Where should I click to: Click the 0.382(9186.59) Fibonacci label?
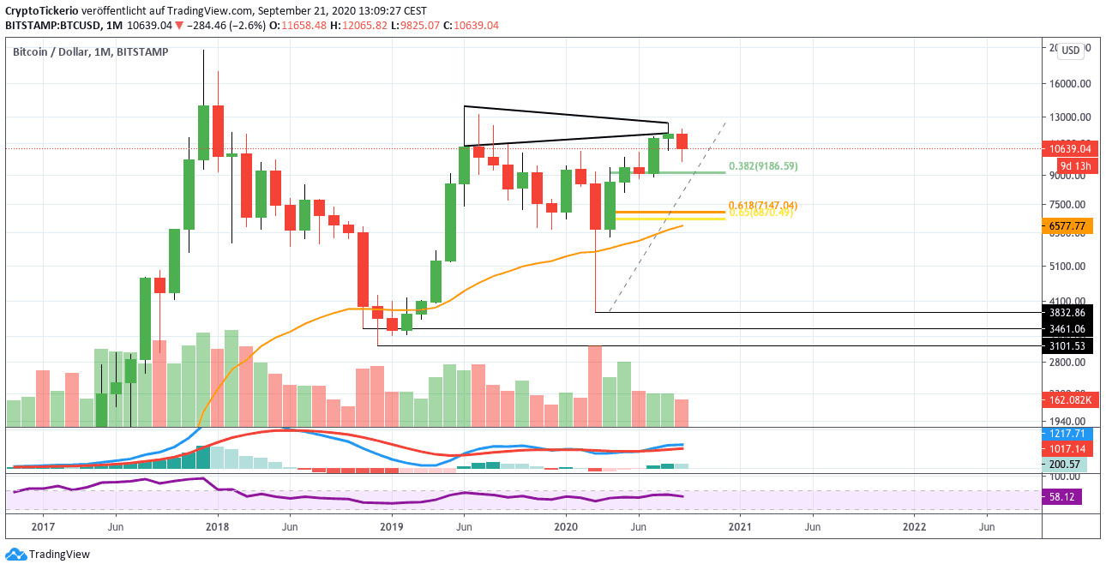[x=763, y=166]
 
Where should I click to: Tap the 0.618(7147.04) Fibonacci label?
[x=763, y=206]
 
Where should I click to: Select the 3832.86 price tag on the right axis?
[x=1067, y=313]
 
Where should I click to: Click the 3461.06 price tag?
[x=1067, y=329]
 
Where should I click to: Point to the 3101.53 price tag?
[x=1067, y=346]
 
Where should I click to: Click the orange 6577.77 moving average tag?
[x=1067, y=226]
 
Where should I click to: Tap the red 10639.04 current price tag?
[x=1067, y=148]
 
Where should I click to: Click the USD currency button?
[x=1071, y=51]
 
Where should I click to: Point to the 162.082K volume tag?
[x=1067, y=400]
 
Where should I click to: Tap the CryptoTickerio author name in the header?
[x=43, y=11]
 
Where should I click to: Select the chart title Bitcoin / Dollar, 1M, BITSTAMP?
[x=90, y=52]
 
